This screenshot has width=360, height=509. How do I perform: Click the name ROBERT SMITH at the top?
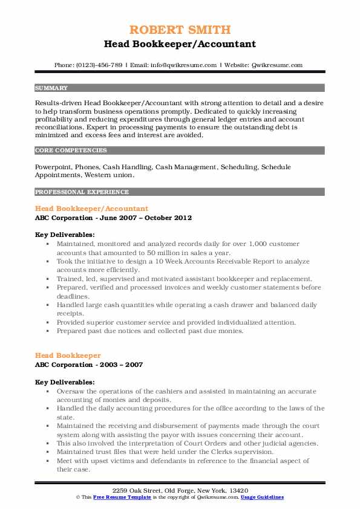point(180,30)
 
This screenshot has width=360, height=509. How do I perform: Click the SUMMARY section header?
point(51,88)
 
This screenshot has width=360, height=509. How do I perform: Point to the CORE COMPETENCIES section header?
point(71,150)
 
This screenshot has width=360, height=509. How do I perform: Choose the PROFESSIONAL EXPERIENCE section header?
point(82,192)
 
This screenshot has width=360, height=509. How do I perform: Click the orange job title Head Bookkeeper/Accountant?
point(91,209)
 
